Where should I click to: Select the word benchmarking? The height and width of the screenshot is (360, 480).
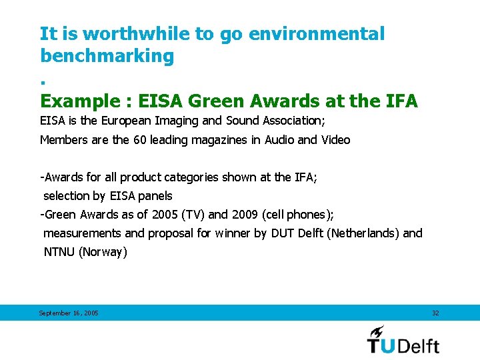click(x=107, y=56)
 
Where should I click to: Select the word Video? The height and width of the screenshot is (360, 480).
click(x=335, y=140)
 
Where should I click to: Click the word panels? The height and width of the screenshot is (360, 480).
click(x=155, y=196)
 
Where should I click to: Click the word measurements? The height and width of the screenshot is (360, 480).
click(x=83, y=233)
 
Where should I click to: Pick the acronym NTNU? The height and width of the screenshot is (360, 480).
click(x=59, y=252)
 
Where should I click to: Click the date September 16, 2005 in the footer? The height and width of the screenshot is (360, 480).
click(x=69, y=313)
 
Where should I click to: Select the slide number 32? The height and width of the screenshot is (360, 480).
click(x=435, y=313)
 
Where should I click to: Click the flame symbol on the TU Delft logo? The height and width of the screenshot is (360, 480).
click(x=378, y=331)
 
